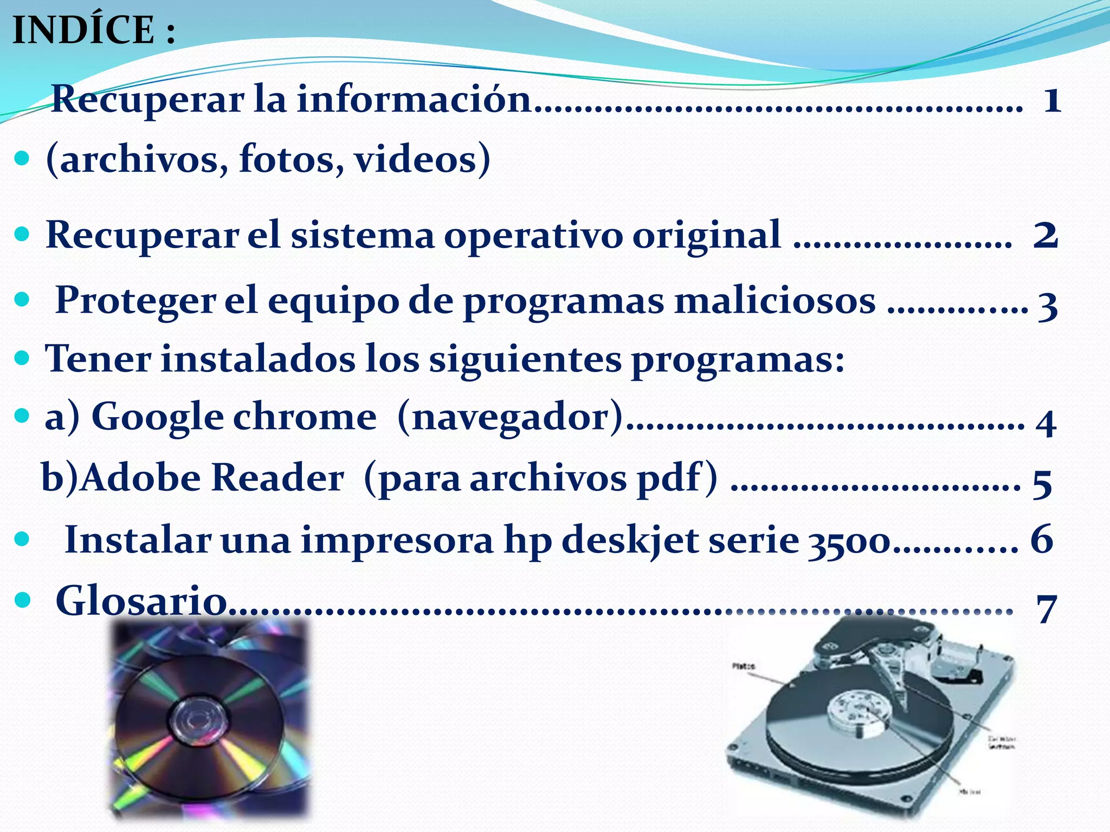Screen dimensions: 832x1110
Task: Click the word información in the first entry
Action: click(x=414, y=100)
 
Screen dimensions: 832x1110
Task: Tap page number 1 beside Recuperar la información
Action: click(x=1052, y=100)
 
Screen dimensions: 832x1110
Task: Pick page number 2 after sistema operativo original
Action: click(x=1046, y=236)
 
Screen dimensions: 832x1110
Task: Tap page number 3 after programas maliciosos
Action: click(x=1048, y=305)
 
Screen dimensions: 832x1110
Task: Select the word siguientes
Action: click(x=525, y=359)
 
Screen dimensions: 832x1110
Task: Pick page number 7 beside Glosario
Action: click(x=1047, y=608)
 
